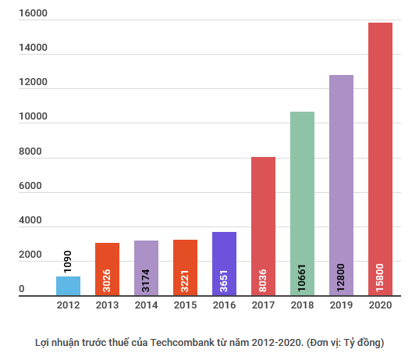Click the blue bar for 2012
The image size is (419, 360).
(68, 286)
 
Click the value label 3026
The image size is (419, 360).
(107, 279)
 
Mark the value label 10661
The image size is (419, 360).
(302, 276)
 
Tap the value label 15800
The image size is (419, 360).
(380, 276)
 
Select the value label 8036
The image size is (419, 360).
(263, 279)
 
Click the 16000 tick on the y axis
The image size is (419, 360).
(34, 14)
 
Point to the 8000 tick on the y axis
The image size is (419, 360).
(34, 152)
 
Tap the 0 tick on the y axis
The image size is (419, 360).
(22, 290)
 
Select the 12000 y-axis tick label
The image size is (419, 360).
(34, 83)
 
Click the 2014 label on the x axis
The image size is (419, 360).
(146, 306)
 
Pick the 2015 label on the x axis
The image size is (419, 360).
(185, 306)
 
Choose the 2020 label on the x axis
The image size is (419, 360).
(380, 306)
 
